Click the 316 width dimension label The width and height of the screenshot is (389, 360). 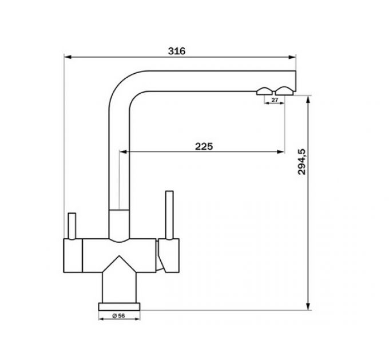tap(177, 51)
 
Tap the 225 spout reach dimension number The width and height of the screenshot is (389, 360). tap(204, 146)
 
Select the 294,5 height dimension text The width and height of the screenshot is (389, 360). tap(302, 162)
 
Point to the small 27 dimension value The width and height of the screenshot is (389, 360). tap(275, 100)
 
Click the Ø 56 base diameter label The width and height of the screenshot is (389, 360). tap(118, 315)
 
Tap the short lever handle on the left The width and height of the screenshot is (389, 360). tap(72, 226)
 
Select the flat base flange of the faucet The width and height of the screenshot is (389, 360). tap(119, 306)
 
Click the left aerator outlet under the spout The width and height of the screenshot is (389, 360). tap(264, 91)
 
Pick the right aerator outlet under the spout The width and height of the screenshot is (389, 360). tap(284, 91)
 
